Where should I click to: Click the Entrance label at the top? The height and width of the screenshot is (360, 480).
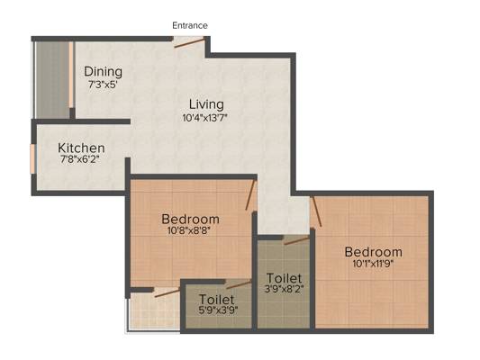(190, 25)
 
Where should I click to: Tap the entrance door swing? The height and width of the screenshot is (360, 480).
(189, 42)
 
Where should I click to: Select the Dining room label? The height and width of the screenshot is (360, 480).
(104, 72)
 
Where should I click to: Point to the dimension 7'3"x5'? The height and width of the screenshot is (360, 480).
(104, 85)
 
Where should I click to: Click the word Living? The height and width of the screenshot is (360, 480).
(206, 104)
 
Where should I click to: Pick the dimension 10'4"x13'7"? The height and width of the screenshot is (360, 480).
(205, 118)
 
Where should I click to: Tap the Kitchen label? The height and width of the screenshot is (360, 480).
(81, 148)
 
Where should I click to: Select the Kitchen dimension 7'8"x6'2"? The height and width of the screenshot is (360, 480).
(80, 159)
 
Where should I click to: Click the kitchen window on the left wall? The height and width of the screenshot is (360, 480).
(32, 159)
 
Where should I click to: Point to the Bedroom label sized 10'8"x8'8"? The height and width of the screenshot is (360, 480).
(190, 220)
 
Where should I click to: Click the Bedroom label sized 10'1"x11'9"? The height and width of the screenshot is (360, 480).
(374, 252)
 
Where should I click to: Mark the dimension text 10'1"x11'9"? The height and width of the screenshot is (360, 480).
(373, 264)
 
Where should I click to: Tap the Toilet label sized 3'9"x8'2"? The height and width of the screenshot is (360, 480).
(285, 278)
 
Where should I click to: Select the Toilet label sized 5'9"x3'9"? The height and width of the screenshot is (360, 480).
(217, 299)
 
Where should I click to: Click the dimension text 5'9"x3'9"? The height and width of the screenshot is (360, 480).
(218, 310)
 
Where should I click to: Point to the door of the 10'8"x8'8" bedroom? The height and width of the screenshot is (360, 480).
(250, 194)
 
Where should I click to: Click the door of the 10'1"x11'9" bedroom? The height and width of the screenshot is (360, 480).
(316, 211)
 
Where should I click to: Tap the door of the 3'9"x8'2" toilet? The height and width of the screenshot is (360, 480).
(296, 240)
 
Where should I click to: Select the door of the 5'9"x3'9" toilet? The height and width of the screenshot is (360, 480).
(239, 285)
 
